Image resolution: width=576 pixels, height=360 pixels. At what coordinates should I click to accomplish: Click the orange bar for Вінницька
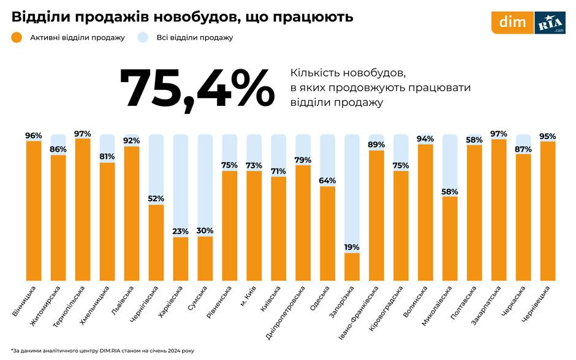[34, 211]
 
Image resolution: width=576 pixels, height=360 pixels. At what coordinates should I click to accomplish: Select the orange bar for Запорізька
[352, 267]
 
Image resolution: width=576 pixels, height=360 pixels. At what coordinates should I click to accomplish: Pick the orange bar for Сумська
[205, 259]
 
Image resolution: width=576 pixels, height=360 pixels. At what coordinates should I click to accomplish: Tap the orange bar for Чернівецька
[548, 211]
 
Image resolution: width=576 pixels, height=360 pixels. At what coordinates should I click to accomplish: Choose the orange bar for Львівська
[132, 214]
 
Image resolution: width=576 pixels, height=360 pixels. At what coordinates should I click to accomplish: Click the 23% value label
[181, 231]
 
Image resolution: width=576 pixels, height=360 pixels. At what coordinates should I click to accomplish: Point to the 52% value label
[156, 198]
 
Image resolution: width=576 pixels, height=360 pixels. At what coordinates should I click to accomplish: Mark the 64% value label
[327, 180]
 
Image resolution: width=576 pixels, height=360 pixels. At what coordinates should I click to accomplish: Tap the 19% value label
[352, 247]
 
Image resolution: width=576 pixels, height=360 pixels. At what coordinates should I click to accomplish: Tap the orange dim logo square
[513, 23]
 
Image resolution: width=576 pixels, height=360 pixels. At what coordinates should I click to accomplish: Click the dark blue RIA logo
[550, 23]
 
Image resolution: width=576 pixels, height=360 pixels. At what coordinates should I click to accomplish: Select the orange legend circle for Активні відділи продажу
[17, 38]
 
